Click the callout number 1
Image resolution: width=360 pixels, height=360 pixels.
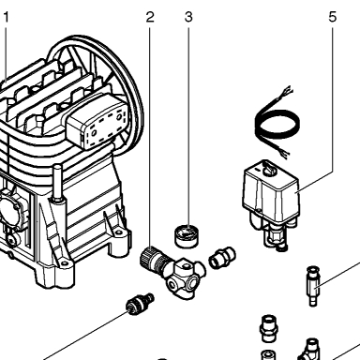pyautogui.click(x=6, y=17)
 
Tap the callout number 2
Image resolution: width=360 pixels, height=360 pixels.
pyautogui.click(x=150, y=17)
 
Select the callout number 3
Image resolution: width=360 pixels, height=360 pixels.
pyautogui.click(x=188, y=17)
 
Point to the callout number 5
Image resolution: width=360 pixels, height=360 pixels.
pyautogui.click(x=333, y=17)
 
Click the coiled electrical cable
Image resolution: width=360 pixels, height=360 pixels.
pyautogui.click(x=277, y=124)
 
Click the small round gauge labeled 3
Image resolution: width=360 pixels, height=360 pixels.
pyautogui.click(x=187, y=236)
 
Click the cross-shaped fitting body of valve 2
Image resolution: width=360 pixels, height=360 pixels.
pyautogui.click(x=184, y=277)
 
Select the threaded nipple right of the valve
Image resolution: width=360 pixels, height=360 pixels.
pyautogui.click(x=222, y=258)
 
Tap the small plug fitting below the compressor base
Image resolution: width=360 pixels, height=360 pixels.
pyautogui.click(x=139, y=304)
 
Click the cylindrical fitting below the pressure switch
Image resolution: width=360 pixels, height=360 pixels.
pyautogui.click(x=313, y=286)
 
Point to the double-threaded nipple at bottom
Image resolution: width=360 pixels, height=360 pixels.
pyautogui.click(x=269, y=328)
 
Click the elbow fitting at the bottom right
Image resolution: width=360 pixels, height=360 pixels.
pyautogui.click(x=309, y=350)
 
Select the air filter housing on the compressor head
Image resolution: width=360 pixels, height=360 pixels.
pyautogui.click(x=97, y=122)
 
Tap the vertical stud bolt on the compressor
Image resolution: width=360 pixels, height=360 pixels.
pyautogui.click(x=57, y=185)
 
